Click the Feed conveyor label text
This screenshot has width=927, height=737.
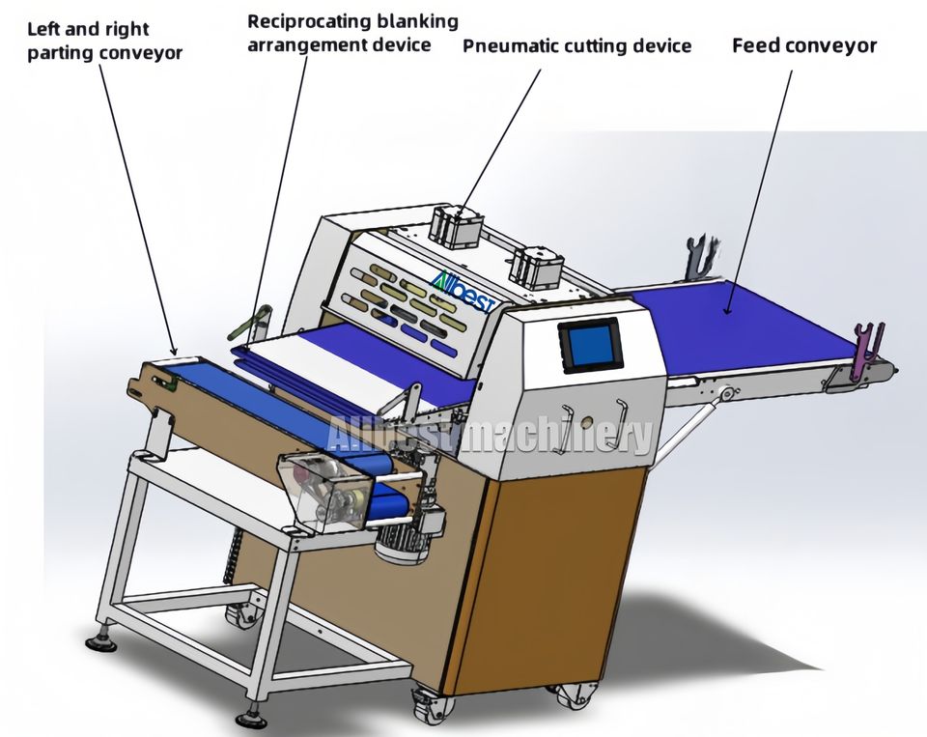click(803, 45)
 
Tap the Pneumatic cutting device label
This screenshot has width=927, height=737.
click(576, 45)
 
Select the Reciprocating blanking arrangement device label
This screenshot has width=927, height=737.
click(352, 32)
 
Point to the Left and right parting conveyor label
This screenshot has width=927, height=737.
click(104, 42)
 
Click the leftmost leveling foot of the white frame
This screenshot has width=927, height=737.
click(99, 640)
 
